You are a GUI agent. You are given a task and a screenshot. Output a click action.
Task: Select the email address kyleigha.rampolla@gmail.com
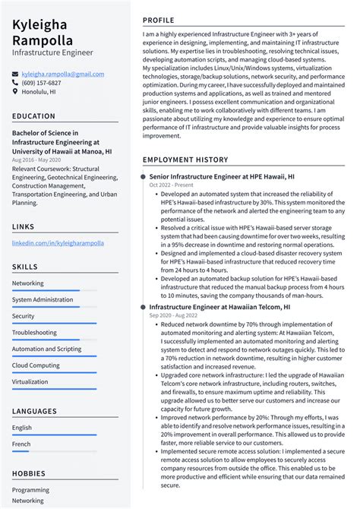(x=62, y=74)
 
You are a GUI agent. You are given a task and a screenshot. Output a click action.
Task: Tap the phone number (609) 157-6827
(x=42, y=83)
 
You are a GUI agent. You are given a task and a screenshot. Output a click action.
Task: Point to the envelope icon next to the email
(x=15, y=74)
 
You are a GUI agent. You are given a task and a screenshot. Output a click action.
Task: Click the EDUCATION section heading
(x=34, y=116)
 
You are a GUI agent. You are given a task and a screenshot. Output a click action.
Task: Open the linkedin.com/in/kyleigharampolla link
(x=58, y=243)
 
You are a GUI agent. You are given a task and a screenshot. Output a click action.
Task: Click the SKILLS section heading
(x=25, y=267)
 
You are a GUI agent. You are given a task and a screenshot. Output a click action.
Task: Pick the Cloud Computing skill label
(x=36, y=365)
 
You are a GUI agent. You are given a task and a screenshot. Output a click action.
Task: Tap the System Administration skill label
(x=43, y=299)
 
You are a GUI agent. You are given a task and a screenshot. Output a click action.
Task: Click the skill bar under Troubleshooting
(x=53, y=340)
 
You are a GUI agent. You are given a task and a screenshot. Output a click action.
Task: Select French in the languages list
(x=22, y=444)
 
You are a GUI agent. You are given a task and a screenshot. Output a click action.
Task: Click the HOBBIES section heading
(x=30, y=474)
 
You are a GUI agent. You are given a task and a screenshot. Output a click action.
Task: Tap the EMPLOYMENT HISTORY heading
(x=185, y=160)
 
